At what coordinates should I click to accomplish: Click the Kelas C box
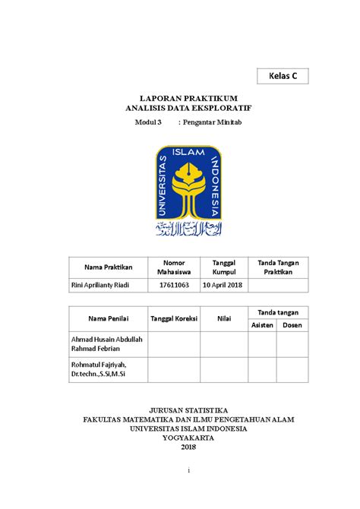pyautogui.click(x=283, y=76)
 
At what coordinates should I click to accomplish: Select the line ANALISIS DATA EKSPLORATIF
pyautogui.click(x=188, y=109)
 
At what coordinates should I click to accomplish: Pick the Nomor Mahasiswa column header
pyautogui.click(x=174, y=267)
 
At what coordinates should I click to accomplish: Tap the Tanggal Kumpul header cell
pyautogui.click(x=224, y=267)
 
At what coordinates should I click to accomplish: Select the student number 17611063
pyautogui.click(x=174, y=285)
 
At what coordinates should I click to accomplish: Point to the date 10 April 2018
pyautogui.click(x=224, y=285)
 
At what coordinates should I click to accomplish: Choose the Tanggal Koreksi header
pyautogui.click(x=174, y=319)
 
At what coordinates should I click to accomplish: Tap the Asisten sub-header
pyautogui.click(x=262, y=325)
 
